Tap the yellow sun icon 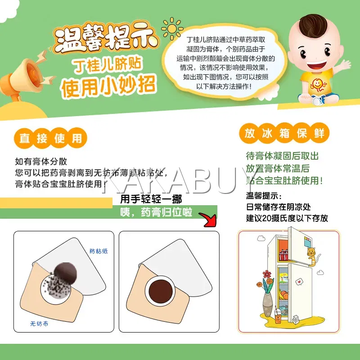tap(172, 29)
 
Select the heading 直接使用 tap(50, 138)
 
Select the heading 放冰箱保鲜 tap(284, 133)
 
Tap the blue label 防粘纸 tap(99, 251)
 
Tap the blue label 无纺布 tap(39, 324)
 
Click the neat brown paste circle tap(161, 291)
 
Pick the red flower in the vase tap(267, 274)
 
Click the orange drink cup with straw tap(278, 315)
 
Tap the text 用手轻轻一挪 tap(151, 199)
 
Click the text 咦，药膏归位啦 tap(156, 212)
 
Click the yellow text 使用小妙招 tap(108, 87)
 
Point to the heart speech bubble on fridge tap(299, 282)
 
